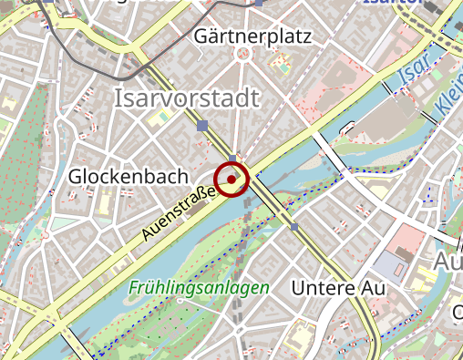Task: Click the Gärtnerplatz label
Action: [252, 37]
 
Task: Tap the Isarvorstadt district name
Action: [187, 98]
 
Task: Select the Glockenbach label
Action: [128, 175]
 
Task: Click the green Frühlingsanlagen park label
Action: [200, 287]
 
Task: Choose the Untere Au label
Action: [338, 288]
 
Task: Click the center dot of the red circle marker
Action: [231, 180]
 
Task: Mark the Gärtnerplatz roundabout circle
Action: [242, 54]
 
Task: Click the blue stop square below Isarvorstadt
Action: [202, 126]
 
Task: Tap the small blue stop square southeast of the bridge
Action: [294, 227]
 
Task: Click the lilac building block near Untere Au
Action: [392, 266]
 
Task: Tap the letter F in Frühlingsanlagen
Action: [134, 287]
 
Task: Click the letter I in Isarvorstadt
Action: [118, 98]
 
